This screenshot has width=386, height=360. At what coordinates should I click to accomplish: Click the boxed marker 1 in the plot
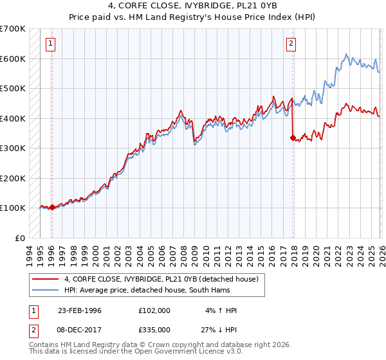(x=51, y=44)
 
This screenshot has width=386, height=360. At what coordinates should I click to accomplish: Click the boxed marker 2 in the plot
(x=291, y=44)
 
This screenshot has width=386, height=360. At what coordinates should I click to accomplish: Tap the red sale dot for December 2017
(x=293, y=138)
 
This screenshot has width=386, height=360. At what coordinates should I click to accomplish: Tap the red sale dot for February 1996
(x=51, y=207)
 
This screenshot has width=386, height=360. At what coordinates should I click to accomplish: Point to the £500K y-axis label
(x=13, y=88)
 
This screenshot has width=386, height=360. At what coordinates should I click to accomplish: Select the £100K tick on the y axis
(x=13, y=208)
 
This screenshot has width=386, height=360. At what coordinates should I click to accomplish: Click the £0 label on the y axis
(x=19, y=238)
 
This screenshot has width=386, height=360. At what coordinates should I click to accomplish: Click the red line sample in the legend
(x=45, y=279)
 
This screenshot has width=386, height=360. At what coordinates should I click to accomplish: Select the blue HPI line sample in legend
(x=45, y=290)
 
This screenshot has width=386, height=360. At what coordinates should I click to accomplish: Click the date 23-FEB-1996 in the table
(x=80, y=310)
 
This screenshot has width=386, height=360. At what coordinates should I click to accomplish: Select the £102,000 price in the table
(x=154, y=310)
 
